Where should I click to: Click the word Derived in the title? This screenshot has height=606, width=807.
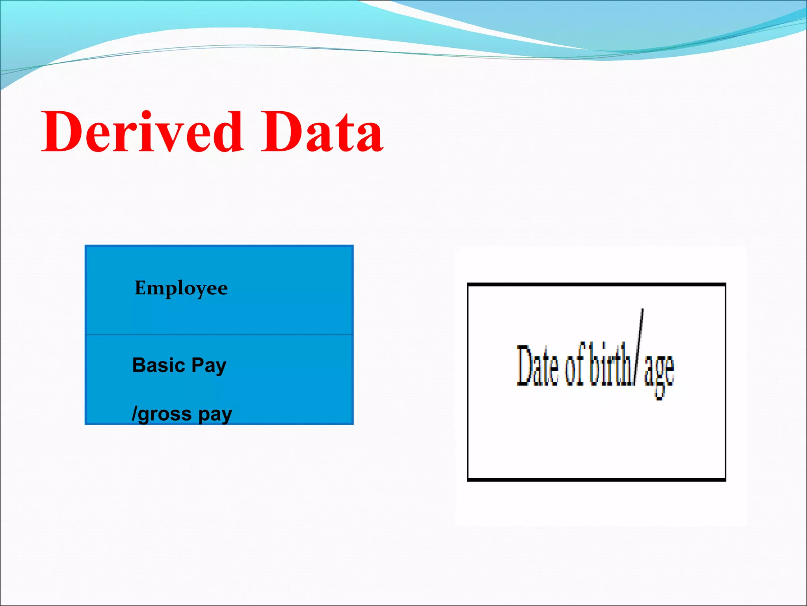click(142, 132)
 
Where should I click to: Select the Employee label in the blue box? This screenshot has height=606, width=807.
click(181, 288)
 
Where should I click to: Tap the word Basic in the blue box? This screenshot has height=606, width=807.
click(158, 365)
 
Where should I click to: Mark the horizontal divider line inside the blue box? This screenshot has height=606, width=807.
click(219, 335)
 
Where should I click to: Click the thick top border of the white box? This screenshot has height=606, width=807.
click(596, 284)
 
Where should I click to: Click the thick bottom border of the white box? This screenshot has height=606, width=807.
click(596, 479)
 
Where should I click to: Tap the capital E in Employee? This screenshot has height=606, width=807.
click(141, 288)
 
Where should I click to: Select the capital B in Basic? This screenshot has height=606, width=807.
click(139, 365)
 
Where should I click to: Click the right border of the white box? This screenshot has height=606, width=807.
click(725, 382)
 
